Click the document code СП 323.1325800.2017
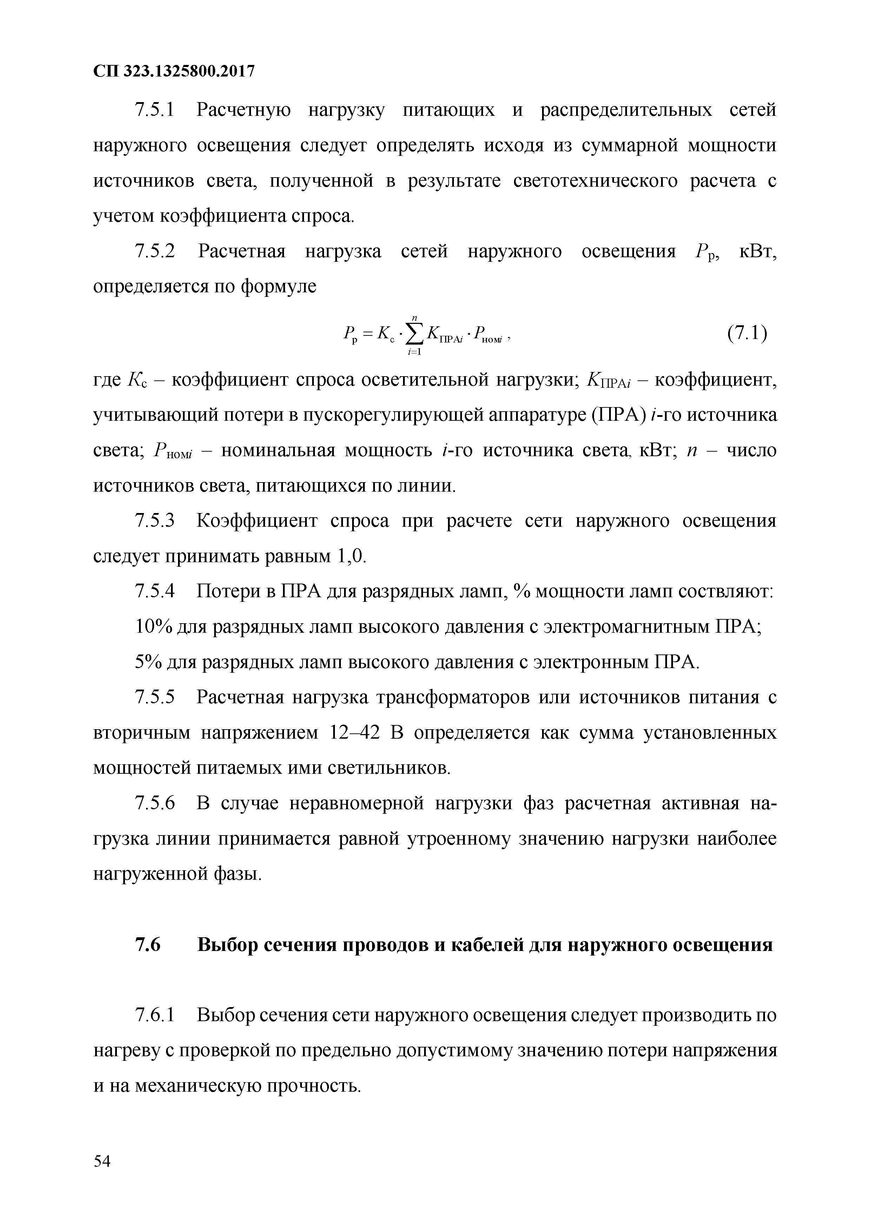(173, 71)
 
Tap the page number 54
(102, 1158)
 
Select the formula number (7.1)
(747, 334)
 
